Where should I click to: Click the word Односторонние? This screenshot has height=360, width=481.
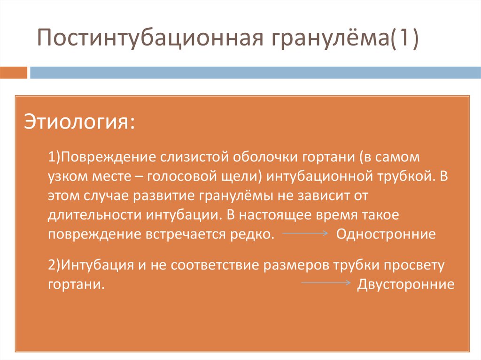click(x=386, y=234)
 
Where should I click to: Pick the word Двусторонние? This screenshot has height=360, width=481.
click(x=406, y=284)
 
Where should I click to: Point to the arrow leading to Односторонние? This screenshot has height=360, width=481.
click(x=305, y=234)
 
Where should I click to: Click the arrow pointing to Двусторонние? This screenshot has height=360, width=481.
click(x=326, y=283)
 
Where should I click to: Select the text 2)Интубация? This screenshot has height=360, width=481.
click(x=86, y=265)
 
